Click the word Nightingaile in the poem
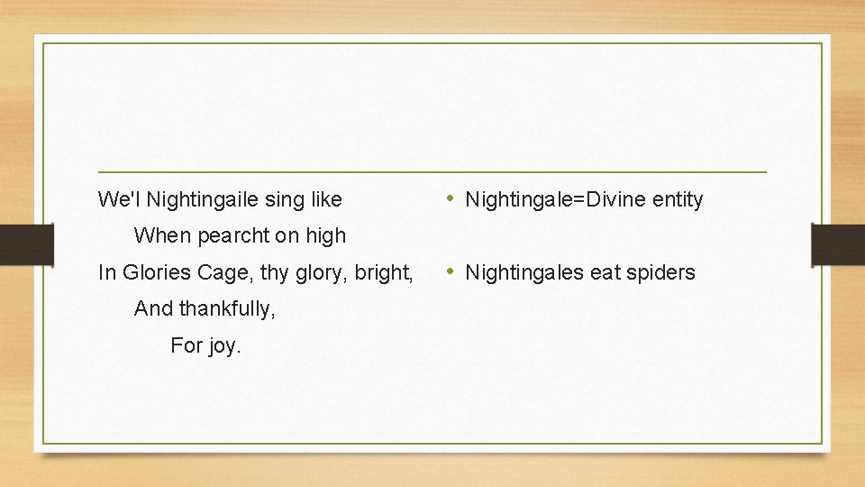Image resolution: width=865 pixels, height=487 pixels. [x=202, y=198]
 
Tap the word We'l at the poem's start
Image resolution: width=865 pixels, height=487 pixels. [x=118, y=198]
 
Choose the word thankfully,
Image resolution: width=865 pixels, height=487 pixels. [x=227, y=308]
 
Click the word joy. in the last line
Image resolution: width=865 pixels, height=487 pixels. [x=223, y=345]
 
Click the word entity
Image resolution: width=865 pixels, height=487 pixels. [x=677, y=199]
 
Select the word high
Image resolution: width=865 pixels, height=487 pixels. [x=325, y=235]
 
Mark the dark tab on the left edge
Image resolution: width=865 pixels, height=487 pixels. [x=26, y=243]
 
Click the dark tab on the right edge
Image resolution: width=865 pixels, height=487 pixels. [x=838, y=243]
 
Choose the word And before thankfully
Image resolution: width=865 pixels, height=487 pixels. [x=152, y=308]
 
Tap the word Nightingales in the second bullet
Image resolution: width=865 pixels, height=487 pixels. [x=524, y=272]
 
